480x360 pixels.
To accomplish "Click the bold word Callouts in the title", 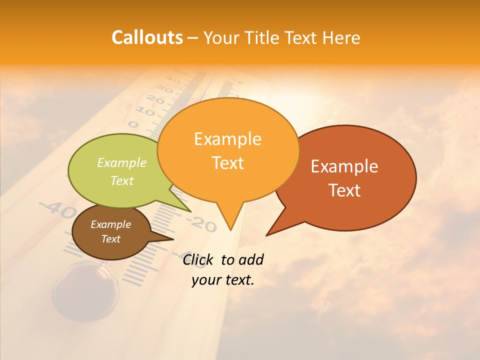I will click(147, 37).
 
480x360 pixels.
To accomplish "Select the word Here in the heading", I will click(341, 37).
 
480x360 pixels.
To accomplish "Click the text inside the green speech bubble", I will click(122, 171).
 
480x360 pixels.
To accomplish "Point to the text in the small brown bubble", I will click(110, 231).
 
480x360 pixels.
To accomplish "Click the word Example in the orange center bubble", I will click(227, 139).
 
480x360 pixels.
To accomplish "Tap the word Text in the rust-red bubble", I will click(344, 190).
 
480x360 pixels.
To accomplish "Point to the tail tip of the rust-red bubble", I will click(268, 234).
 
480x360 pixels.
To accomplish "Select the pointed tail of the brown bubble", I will click(170, 239).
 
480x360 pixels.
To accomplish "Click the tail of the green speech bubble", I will click(187, 209).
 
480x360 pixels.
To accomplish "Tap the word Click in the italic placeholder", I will click(199, 259).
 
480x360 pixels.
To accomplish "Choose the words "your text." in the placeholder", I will click(223, 280).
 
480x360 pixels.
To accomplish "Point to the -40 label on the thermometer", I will click(57, 210).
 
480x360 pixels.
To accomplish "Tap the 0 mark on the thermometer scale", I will click(133, 124).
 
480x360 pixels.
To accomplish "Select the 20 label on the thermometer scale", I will click(155, 101).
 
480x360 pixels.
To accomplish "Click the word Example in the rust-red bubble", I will click(344, 166).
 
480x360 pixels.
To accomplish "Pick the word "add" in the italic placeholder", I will click(250, 259).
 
